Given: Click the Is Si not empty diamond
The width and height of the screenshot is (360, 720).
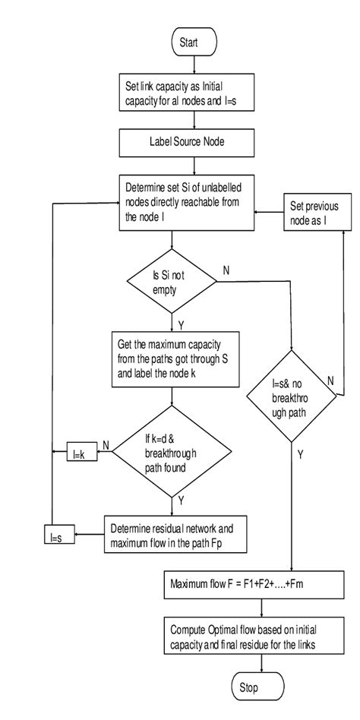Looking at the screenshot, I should (x=172, y=283).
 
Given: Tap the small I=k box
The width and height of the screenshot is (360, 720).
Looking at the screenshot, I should (x=77, y=450).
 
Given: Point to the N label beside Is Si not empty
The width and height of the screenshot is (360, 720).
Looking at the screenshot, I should (x=226, y=270).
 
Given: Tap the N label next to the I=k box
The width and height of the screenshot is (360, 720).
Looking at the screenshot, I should (x=104, y=445).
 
